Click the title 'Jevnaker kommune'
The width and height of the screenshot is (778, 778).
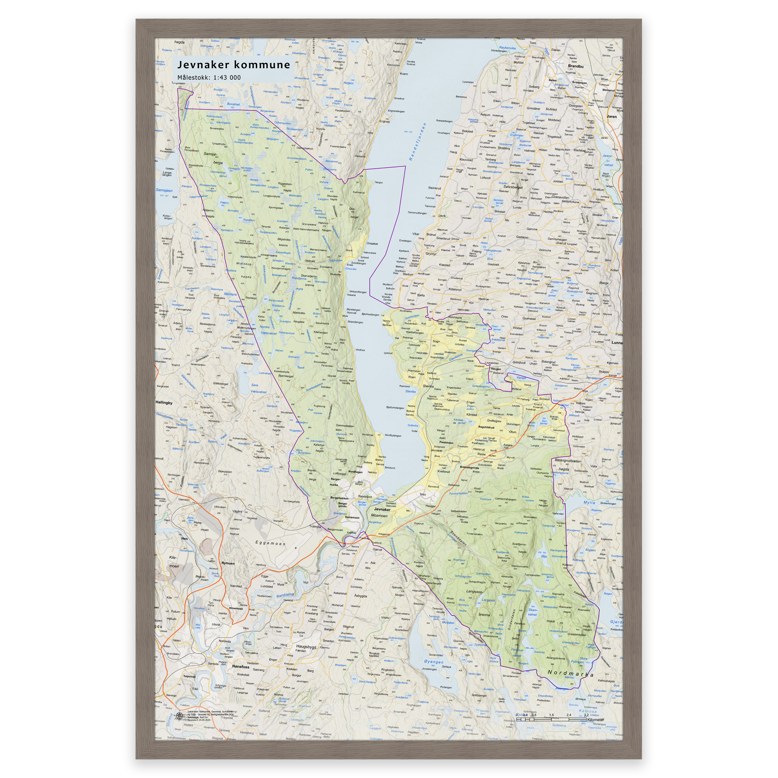coord(234,65)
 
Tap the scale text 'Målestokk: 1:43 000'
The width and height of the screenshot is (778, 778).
coord(209,77)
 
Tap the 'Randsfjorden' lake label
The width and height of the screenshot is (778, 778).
coord(417,142)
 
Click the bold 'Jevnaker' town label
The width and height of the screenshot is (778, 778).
coord(382,509)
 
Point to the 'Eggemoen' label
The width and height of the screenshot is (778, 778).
coord(270,543)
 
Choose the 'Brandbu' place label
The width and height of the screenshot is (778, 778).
coord(576,66)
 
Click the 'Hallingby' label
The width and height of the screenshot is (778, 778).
coord(164,402)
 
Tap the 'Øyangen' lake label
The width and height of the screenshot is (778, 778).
coord(434,662)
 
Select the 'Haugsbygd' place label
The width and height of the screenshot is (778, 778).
coord(306,647)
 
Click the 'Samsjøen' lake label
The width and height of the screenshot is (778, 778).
coord(164,190)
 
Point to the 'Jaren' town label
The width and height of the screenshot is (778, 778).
coord(611,116)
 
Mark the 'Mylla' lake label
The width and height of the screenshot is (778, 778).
coord(589,502)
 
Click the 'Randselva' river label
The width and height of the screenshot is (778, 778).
coord(285,595)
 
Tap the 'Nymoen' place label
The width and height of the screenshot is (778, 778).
coord(228,563)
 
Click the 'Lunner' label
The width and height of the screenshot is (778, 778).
coord(617,343)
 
